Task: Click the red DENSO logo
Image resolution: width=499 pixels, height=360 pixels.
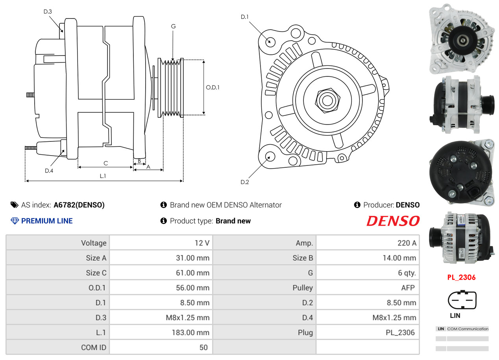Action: pyautogui.click(x=393, y=221)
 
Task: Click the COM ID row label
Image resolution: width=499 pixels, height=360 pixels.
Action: pyautogui.click(x=94, y=347)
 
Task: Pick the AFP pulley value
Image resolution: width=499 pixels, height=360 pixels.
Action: pyautogui.click(x=408, y=288)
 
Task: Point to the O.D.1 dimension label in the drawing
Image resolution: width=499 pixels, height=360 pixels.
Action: pyautogui.click(x=213, y=87)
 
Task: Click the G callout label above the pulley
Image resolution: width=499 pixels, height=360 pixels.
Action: pyautogui.click(x=173, y=26)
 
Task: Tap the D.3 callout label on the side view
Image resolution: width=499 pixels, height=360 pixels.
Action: pyautogui.click(x=48, y=11)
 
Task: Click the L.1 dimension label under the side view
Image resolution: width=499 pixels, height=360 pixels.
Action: pyautogui.click(x=103, y=176)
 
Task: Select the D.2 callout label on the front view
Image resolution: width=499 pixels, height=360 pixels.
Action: pyautogui.click(x=245, y=182)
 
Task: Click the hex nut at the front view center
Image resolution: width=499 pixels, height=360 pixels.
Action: pyautogui.click(x=327, y=100)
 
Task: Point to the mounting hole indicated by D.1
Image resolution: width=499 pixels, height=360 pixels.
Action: pyautogui.click(x=270, y=42)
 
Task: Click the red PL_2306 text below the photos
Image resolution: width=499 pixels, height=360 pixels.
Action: pyautogui.click(x=461, y=277)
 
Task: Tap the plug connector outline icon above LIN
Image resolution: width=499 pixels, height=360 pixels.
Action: pyautogui.click(x=462, y=300)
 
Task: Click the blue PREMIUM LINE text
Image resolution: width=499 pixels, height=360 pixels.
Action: pyautogui.click(x=47, y=221)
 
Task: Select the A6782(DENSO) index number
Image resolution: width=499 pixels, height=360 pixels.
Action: pyautogui.click(x=79, y=205)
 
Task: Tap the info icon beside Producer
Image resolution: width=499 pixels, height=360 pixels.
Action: pyautogui.click(x=357, y=205)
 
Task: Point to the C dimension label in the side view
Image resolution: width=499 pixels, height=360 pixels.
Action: pyautogui.click(x=105, y=163)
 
